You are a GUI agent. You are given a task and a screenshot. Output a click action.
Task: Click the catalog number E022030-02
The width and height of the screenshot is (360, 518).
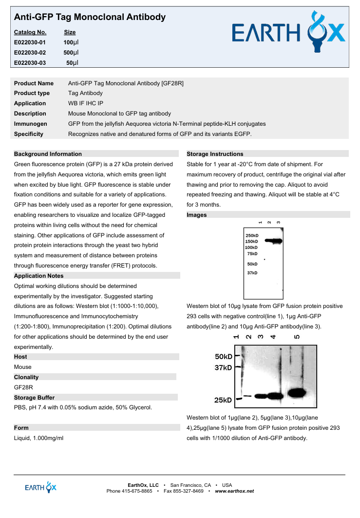point(30,53)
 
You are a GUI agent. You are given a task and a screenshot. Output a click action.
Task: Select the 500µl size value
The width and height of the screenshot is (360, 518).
point(71,53)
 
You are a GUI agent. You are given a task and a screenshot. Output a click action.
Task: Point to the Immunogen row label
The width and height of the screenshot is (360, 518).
point(31,124)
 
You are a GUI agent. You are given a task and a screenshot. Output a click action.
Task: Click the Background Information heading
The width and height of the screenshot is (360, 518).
point(48,154)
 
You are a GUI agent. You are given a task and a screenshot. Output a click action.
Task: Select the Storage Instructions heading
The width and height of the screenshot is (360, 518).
point(215,154)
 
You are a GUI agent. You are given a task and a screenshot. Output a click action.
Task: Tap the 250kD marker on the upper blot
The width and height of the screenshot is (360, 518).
point(252,235)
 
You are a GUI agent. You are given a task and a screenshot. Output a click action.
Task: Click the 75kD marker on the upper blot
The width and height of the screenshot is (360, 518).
point(252,254)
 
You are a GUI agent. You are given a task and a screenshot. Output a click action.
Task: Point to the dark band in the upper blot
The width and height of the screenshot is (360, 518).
point(274,241)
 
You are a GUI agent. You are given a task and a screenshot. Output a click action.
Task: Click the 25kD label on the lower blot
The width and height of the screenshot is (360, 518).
point(224,400)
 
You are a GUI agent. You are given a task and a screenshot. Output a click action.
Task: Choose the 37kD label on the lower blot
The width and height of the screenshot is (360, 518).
point(224,368)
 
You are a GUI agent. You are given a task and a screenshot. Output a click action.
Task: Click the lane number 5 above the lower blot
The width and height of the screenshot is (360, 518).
point(298,337)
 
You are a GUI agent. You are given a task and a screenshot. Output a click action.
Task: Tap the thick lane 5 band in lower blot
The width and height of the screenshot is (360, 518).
point(296,393)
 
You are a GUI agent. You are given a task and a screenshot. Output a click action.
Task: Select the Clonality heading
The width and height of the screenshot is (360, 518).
point(26,377)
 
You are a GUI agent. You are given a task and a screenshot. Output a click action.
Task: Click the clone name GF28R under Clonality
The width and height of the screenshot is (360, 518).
point(23,387)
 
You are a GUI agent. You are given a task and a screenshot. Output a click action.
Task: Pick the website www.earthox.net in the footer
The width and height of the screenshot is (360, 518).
point(234,491)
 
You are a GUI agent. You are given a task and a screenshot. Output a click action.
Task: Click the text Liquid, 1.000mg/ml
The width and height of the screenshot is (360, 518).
point(39,438)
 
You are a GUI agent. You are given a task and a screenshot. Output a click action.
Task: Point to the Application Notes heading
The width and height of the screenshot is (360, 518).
point(39,276)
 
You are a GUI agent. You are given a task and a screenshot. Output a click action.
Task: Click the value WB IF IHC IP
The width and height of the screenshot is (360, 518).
point(86,103)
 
